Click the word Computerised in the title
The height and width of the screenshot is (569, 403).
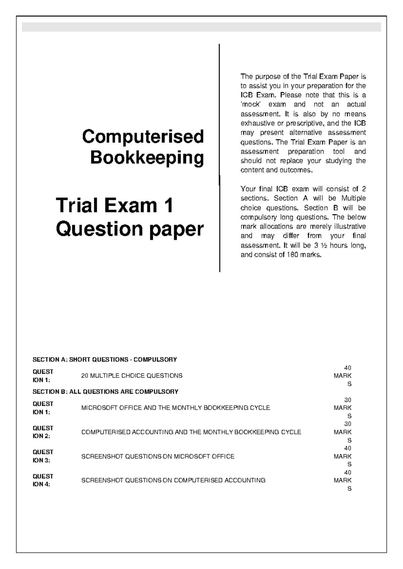[143, 137]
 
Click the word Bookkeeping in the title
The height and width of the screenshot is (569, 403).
[147, 158]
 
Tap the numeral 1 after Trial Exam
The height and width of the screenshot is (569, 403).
[168, 205]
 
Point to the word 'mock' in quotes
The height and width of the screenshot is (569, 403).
[251, 104]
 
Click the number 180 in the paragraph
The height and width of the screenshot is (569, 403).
[292, 255]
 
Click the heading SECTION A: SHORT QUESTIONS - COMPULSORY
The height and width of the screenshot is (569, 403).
[104, 360]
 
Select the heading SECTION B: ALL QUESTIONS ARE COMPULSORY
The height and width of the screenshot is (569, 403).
[105, 392]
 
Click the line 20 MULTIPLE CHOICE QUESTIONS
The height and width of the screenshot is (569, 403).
[132, 376]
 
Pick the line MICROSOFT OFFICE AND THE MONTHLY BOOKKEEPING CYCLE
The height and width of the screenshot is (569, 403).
[175, 408]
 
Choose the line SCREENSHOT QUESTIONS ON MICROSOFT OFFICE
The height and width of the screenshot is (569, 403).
[158, 456]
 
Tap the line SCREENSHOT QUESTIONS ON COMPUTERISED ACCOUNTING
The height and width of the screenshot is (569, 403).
[173, 480]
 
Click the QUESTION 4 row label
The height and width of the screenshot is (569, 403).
[43, 480]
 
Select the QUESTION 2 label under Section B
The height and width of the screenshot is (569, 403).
[43, 432]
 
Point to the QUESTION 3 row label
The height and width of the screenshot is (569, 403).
[43, 456]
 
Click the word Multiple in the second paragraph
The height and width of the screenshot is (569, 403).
[353, 198]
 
